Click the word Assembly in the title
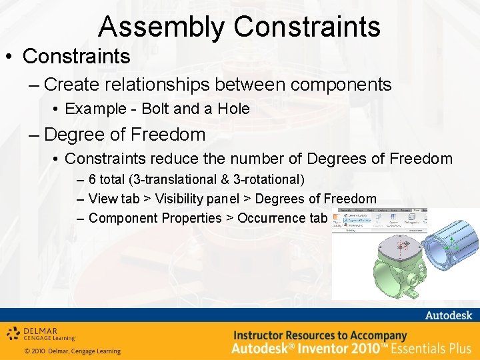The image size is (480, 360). pyautogui.click(x=162, y=27)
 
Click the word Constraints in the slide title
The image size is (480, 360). pyautogui.click(x=307, y=27)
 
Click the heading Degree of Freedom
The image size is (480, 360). pyautogui.click(x=125, y=135)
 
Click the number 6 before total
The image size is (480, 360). pyautogui.click(x=92, y=180)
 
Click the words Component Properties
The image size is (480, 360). pyautogui.click(x=155, y=218)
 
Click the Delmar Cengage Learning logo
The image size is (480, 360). pyautogui.click(x=41, y=333)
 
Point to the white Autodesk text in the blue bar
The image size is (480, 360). pyautogui.click(x=448, y=315)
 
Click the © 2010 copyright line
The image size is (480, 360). pyautogui.click(x=72, y=351)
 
